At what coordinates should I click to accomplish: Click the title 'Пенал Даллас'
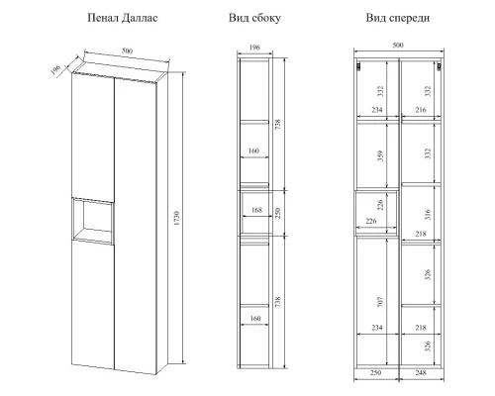click(x=123, y=18)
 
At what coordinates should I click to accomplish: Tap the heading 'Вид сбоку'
click(x=254, y=18)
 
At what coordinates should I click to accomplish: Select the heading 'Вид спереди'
click(x=398, y=18)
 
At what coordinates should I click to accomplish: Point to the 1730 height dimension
click(x=176, y=218)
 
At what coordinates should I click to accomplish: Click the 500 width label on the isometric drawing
click(x=127, y=50)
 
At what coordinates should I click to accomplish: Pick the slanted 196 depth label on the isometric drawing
click(x=55, y=69)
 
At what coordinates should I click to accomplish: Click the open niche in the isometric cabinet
click(x=93, y=221)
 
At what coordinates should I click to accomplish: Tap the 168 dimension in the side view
click(x=256, y=210)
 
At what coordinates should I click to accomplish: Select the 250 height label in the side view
click(x=277, y=213)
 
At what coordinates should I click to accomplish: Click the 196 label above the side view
click(x=254, y=48)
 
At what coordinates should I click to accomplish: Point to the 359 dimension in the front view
click(x=380, y=155)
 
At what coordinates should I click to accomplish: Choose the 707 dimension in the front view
click(x=380, y=302)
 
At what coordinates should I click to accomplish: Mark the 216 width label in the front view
click(x=421, y=110)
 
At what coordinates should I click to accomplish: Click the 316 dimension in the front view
click(x=428, y=215)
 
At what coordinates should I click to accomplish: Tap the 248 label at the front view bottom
click(x=421, y=373)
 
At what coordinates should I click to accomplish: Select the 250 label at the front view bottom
click(x=375, y=373)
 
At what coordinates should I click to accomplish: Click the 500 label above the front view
click(x=398, y=45)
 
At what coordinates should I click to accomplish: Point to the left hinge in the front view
click(x=358, y=66)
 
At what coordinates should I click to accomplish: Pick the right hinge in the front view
click(x=440, y=66)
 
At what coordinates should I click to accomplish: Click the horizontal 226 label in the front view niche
click(x=371, y=221)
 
